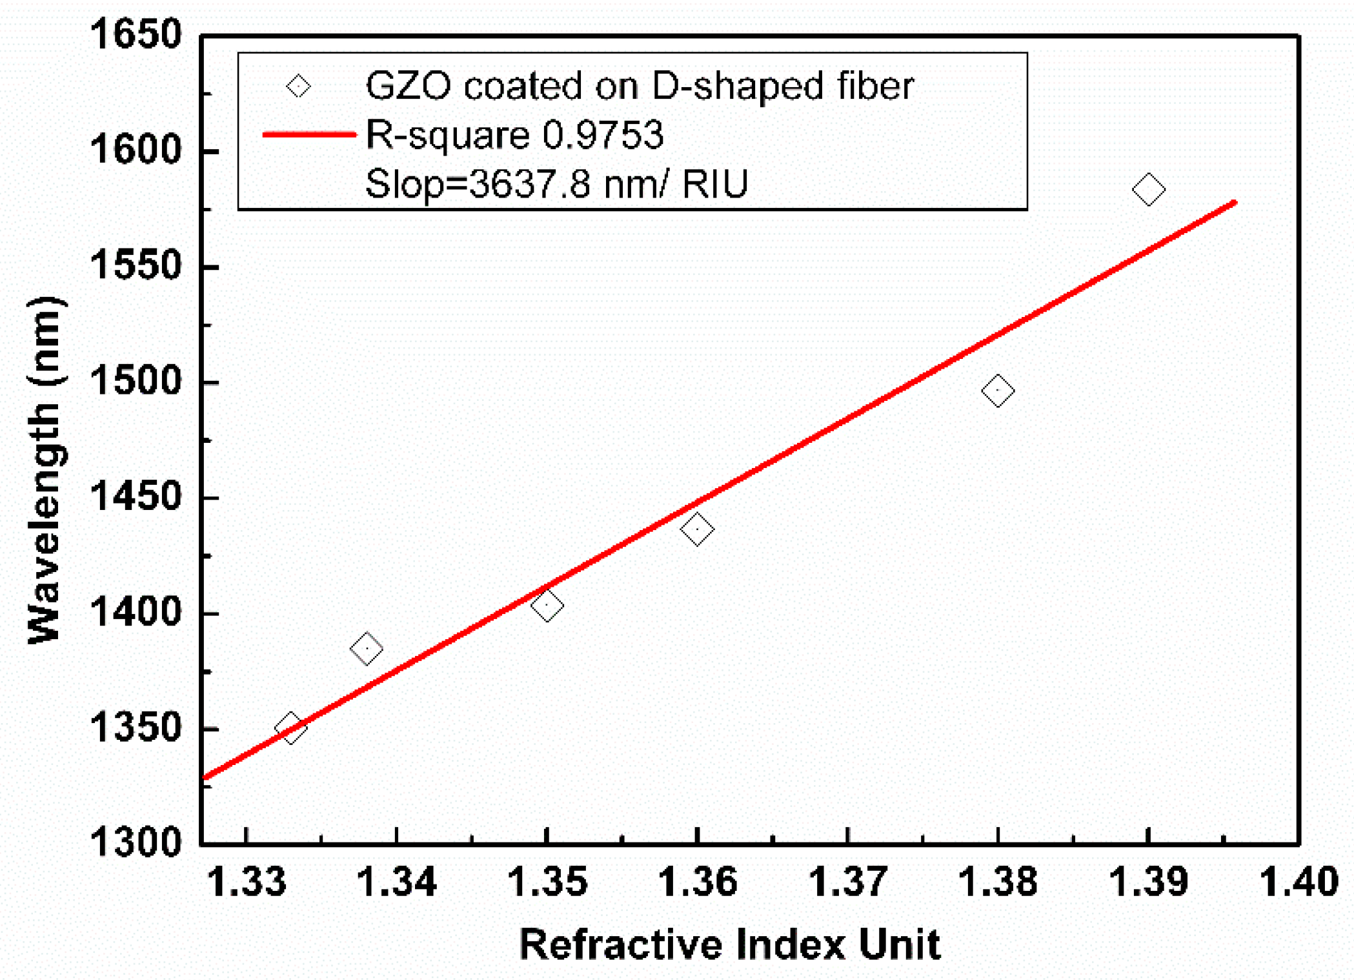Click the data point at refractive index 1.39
[1148, 189]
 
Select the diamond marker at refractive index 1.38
[998, 391]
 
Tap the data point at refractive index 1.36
[697, 529]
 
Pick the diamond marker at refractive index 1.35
[547, 606]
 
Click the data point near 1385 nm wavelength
[366, 648]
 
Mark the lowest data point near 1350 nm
[290, 728]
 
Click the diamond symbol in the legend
[298, 85]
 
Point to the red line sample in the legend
[309, 134]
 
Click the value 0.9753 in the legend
[603, 135]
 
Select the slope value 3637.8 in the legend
[529, 184]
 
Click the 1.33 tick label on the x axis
[247, 882]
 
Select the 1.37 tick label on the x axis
[847, 882]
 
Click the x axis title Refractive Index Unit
[729, 944]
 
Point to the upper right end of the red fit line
[1234, 203]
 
